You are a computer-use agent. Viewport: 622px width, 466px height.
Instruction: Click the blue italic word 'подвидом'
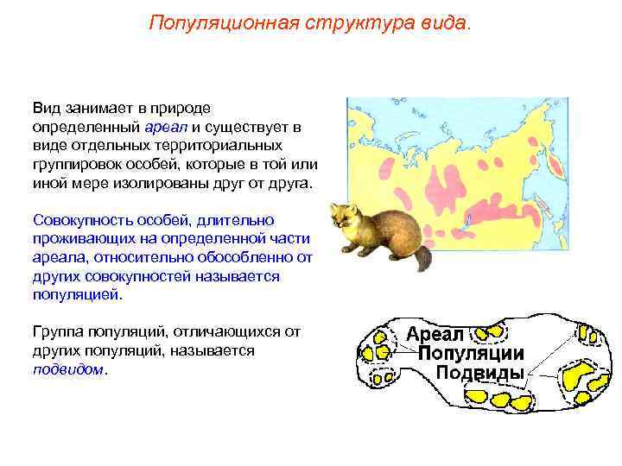pyautogui.click(x=68, y=368)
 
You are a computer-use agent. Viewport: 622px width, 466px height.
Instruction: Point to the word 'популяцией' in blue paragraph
pyautogui.click(x=77, y=294)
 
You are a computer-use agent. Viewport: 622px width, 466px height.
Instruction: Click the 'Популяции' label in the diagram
pyautogui.click(x=471, y=354)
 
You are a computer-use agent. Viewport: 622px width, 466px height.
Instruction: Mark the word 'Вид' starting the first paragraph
pyautogui.click(x=44, y=108)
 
